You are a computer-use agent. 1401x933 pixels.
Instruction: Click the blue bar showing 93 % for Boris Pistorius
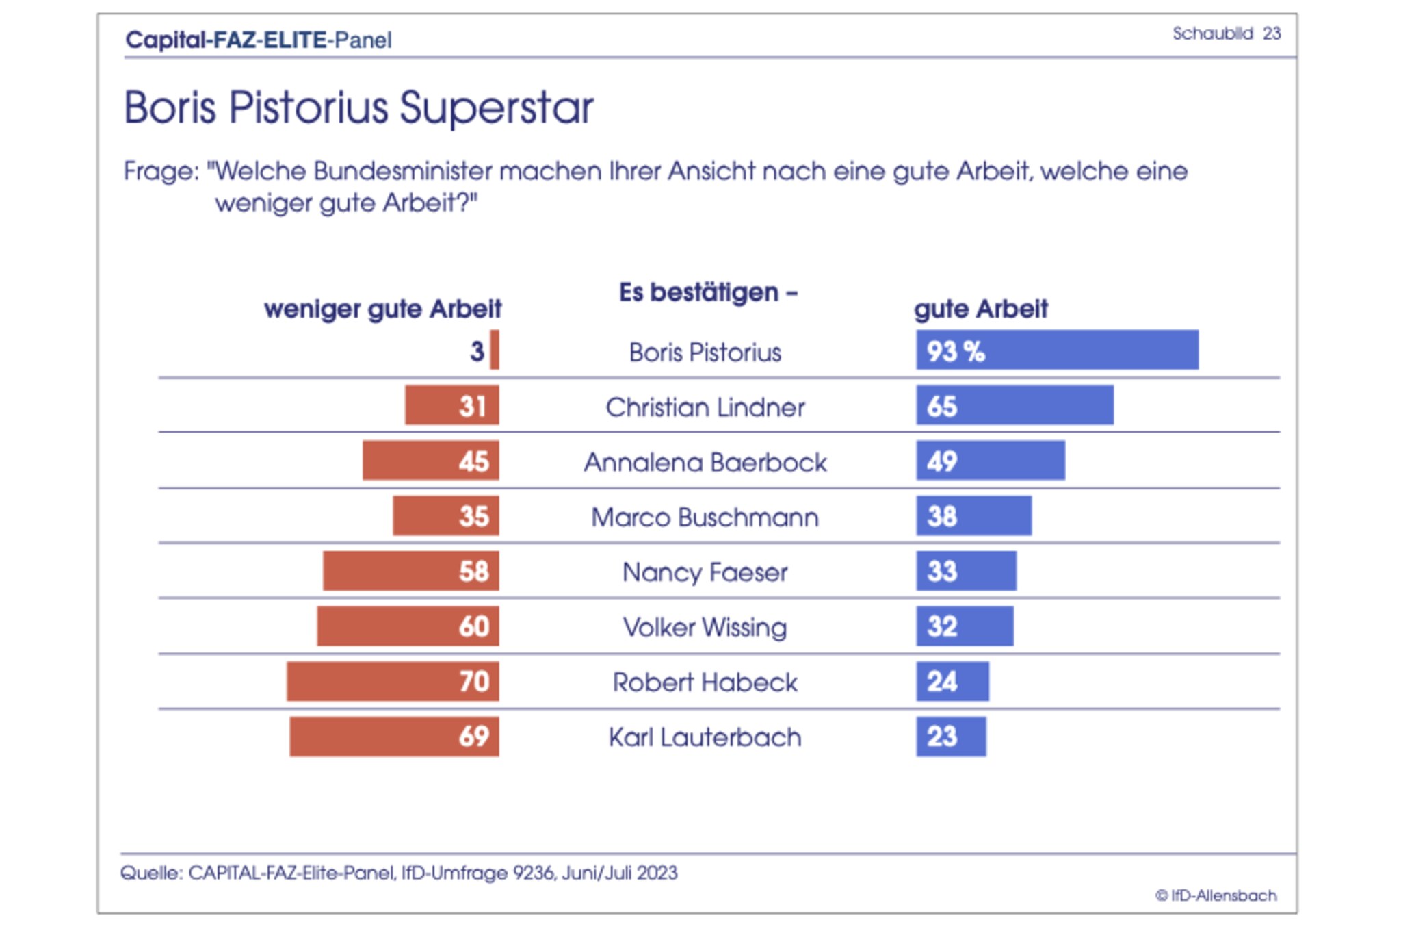pos(1057,350)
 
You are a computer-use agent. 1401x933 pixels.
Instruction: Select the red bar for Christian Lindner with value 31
pos(451,405)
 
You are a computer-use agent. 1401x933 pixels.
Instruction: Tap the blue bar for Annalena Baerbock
pos(991,461)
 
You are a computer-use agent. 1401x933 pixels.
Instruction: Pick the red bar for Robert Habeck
pos(393,681)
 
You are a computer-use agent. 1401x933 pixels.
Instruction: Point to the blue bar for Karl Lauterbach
pos(951,737)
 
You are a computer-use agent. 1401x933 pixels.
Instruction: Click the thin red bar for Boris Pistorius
pos(495,350)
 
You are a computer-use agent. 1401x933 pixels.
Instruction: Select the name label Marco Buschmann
pos(705,517)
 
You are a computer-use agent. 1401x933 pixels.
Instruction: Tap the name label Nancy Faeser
pos(705,572)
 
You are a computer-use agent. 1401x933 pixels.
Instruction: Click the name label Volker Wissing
pos(705,627)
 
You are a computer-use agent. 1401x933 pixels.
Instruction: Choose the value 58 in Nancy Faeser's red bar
pos(473,572)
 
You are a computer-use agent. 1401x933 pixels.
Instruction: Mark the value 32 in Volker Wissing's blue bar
pos(942,626)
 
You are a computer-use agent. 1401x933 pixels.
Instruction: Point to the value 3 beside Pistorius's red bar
pos(477,351)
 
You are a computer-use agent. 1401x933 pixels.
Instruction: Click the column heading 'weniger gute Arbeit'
pos(383,309)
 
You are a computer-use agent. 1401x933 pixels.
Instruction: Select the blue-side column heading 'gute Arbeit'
pos(981,309)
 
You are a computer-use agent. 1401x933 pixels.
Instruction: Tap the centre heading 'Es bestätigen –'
pos(708,292)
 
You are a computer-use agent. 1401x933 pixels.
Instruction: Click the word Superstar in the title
pos(496,107)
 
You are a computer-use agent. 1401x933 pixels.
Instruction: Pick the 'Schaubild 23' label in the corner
pos(1226,34)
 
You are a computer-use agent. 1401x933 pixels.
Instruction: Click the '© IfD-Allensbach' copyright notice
pos(1216,895)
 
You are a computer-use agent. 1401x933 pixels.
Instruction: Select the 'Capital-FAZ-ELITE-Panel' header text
pos(259,40)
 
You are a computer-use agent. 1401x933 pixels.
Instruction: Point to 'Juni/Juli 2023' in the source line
pos(620,873)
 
